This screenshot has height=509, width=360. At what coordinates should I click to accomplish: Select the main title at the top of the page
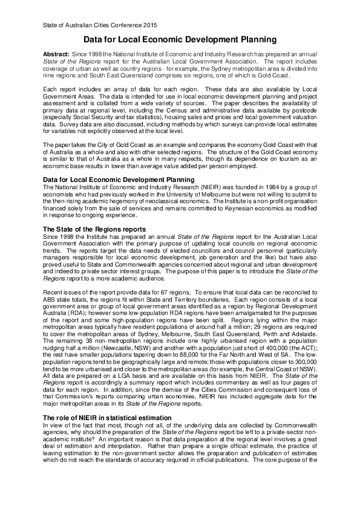point(180,40)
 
